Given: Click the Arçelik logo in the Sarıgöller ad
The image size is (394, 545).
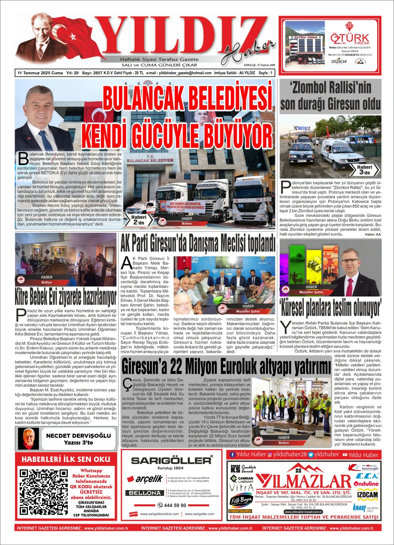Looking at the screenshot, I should pos(144,479).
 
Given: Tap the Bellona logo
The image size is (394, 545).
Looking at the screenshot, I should pos(144,493).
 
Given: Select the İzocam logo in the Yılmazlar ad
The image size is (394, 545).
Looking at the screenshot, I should pos(367,494).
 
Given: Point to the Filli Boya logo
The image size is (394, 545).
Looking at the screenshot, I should pos(241,501).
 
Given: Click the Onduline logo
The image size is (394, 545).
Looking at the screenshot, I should pos(366,483).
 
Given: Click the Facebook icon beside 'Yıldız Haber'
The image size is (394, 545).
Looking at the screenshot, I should pos(232,454).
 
